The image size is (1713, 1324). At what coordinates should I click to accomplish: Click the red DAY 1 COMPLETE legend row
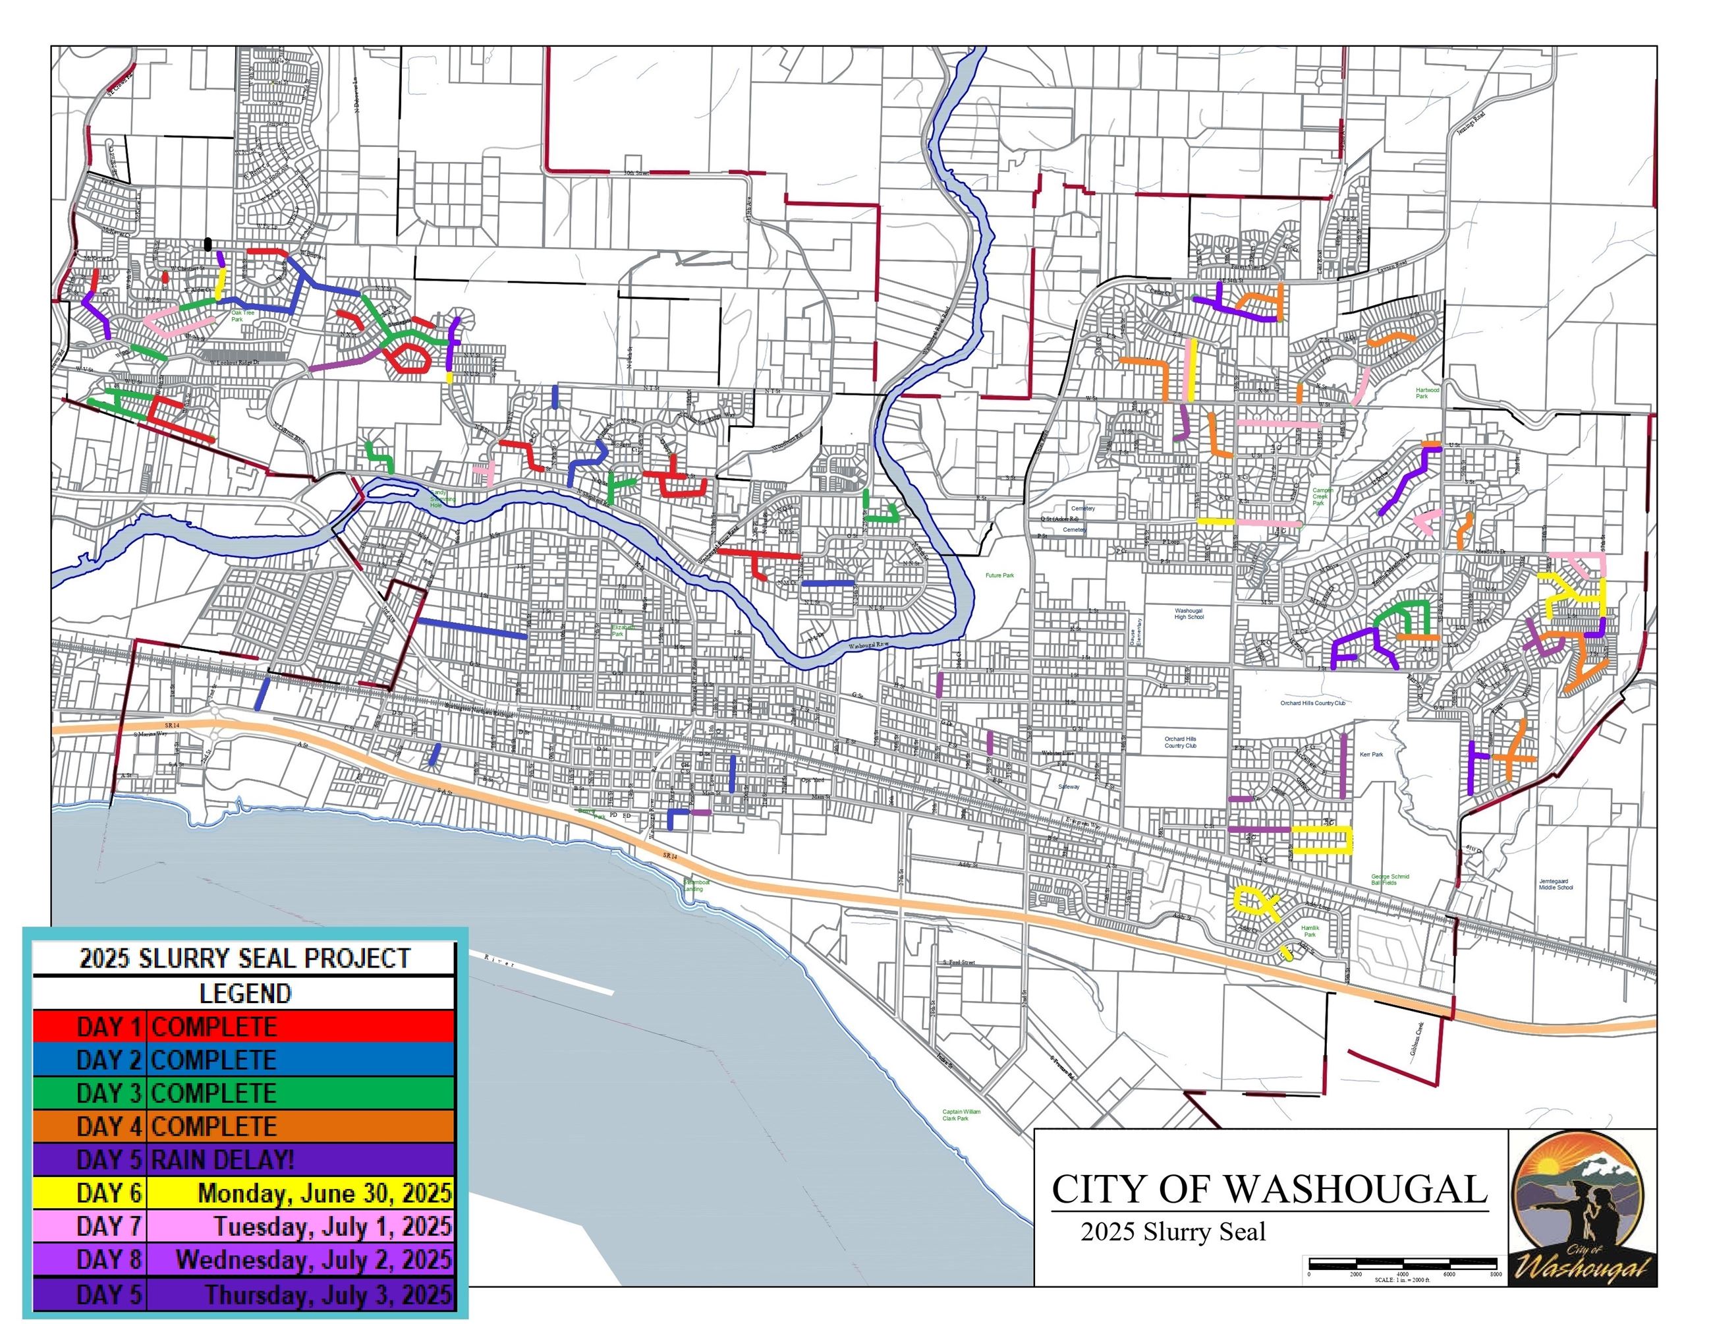(244, 1026)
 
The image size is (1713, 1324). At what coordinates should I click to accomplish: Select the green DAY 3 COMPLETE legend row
(244, 1093)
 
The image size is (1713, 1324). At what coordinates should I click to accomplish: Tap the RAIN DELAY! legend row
(244, 1159)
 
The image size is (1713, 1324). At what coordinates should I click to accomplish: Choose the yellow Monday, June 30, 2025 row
(244, 1193)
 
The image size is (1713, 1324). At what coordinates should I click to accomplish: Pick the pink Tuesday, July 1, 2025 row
(244, 1226)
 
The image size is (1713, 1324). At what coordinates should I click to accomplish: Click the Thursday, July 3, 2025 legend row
(244, 1294)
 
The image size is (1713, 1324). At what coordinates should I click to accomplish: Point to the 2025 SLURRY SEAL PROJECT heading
(244, 958)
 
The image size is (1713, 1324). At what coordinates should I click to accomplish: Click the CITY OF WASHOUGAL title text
(1269, 1189)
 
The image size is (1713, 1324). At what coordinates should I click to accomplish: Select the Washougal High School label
(1189, 614)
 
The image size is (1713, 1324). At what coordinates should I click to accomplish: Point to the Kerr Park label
(1372, 755)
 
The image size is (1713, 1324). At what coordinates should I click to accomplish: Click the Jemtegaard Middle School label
(1556, 884)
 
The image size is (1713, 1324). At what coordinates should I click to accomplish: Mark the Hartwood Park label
(1428, 393)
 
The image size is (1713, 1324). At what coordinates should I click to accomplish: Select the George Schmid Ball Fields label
(1390, 879)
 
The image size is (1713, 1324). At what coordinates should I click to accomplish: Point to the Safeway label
(1069, 786)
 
